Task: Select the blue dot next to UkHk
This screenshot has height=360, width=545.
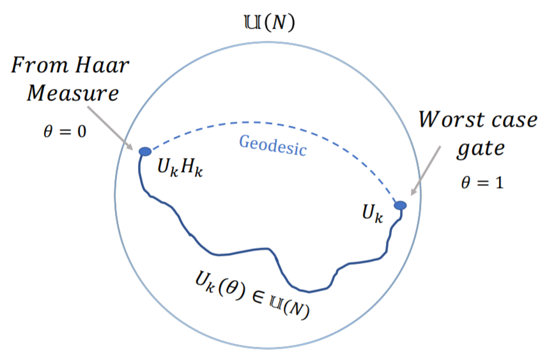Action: (145, 151)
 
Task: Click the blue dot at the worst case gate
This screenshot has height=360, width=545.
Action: (400, 205)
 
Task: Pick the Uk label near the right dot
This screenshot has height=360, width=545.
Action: (372, 214)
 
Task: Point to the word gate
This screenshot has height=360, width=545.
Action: (480, 150)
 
